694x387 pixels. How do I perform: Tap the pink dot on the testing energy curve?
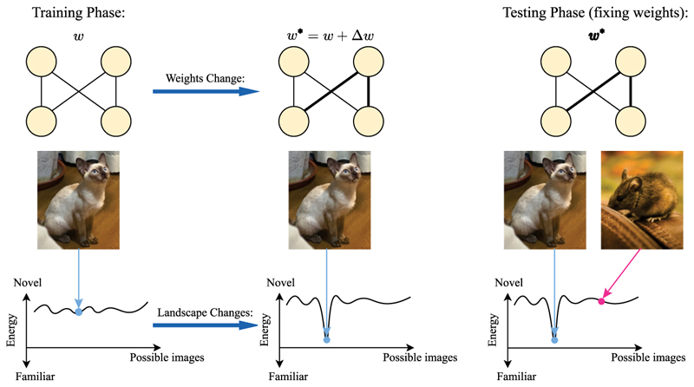[x=600, y=301]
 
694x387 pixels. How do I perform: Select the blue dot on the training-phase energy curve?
[x=79, y=311]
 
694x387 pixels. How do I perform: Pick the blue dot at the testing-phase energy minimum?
[x=554, y=341]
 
